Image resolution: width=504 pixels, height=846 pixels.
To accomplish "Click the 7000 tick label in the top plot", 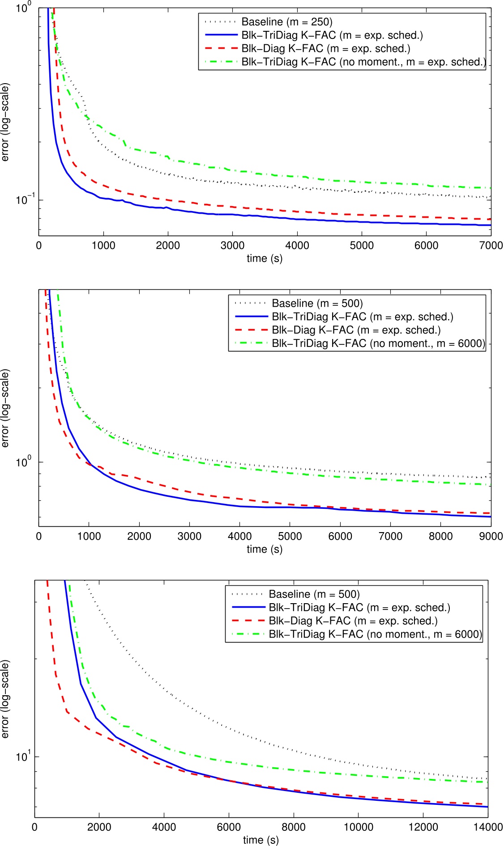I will (491, 245).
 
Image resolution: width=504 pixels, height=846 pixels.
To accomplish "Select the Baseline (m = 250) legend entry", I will (286, 22).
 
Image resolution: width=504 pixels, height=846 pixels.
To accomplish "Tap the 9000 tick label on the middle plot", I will (491, 536).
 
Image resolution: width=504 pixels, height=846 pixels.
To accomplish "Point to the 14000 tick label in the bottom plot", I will (488, 827).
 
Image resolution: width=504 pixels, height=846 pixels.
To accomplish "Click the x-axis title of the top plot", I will (265, 258).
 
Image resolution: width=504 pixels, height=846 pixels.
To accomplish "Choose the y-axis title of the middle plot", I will (5, 408).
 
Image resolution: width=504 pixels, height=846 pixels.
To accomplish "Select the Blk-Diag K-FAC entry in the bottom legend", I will (353, 621).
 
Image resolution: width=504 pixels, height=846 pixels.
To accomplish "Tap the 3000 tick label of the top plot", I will (232, 245).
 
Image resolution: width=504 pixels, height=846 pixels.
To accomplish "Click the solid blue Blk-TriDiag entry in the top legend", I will (332, 35).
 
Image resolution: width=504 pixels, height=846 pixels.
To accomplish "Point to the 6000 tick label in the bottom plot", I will (229, 827).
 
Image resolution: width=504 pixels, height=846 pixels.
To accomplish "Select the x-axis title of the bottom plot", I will (261, 840).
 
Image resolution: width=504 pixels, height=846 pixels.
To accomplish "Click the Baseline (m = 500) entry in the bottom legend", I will (314, 594).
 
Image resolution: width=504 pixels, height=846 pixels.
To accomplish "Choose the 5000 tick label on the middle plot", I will (290, 536).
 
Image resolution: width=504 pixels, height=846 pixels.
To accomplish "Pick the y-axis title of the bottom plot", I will (5, 699).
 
